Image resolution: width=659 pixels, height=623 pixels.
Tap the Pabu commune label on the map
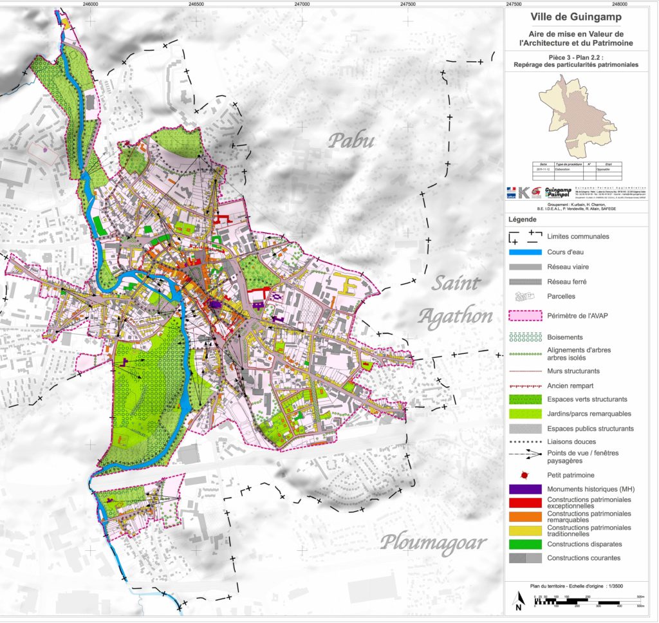(x=351, y=140)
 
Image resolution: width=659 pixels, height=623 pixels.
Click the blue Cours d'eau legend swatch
(x=523, y=252)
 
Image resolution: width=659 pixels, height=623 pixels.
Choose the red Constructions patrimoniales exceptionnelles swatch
(x=523, y=503)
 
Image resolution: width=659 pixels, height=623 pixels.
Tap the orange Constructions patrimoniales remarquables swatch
(x=523, y=517)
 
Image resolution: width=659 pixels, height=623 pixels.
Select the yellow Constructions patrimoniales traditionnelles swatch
(x=523, y=530)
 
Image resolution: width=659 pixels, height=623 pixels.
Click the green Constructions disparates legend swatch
(x=523, y=544)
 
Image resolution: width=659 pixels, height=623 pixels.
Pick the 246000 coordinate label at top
(x=91, y=4)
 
